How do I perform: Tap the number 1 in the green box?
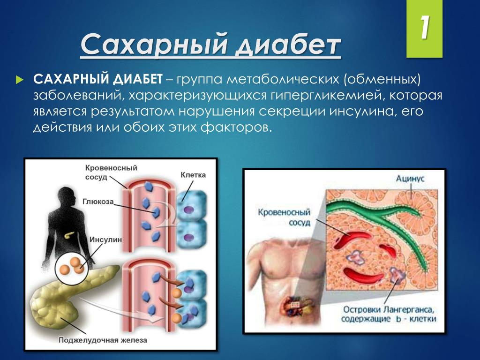pos(424,29)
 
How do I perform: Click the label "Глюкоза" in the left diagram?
pos(98,202)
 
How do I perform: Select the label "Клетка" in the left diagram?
pos(193,175)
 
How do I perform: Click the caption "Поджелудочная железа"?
pos(103,340)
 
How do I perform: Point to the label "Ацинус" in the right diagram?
pos(410,179)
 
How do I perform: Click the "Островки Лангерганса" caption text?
pos(390,309)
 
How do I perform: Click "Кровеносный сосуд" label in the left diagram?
pos(111,172)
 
